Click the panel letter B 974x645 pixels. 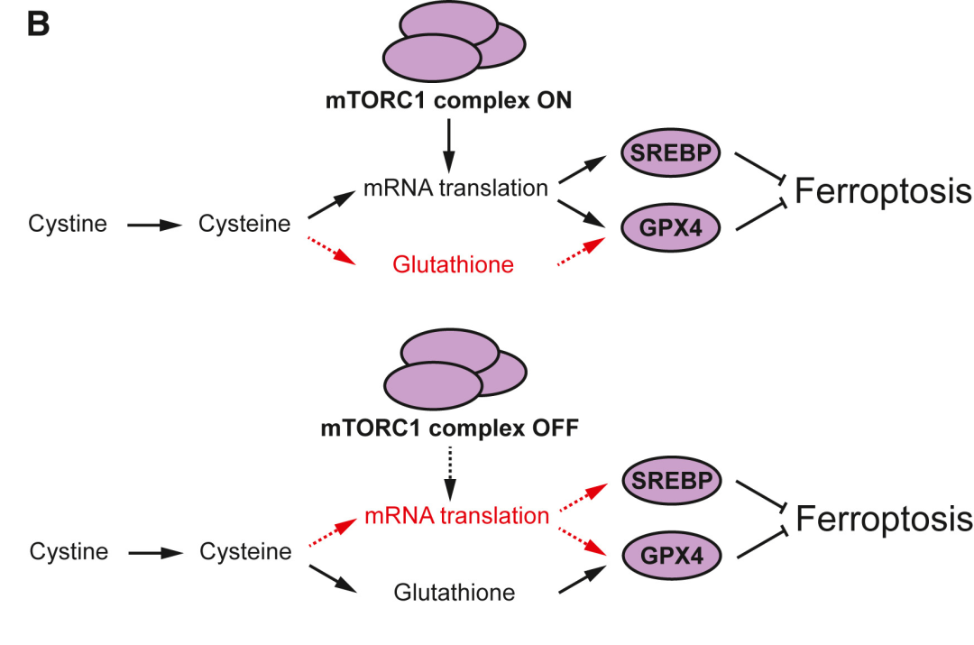(39, 24)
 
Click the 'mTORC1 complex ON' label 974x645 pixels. (448, 100)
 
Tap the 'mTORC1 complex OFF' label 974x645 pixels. (450, 428)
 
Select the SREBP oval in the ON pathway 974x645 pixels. (671, 152)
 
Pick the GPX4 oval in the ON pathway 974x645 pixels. (671, 227)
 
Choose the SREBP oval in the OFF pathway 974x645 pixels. (672, 480)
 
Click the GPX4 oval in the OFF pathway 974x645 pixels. (672, 555)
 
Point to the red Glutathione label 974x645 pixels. (453, 264)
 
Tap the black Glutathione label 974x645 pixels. (454, 592)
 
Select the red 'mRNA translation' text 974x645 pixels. (456, 515)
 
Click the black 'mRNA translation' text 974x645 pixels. (455, 188)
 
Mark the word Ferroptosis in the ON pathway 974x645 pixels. (883, 190)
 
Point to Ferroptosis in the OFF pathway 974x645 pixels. (884, 519)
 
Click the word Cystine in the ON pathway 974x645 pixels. (67, 224)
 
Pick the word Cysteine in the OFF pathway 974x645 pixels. (245, 552)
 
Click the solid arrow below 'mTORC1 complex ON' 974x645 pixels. (448, 146)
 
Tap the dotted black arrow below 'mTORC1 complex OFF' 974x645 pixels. (450, 474)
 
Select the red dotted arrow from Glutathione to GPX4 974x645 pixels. (582, 252)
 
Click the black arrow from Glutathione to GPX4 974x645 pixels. (583, 579)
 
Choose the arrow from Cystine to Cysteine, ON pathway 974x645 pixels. (154, 225)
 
